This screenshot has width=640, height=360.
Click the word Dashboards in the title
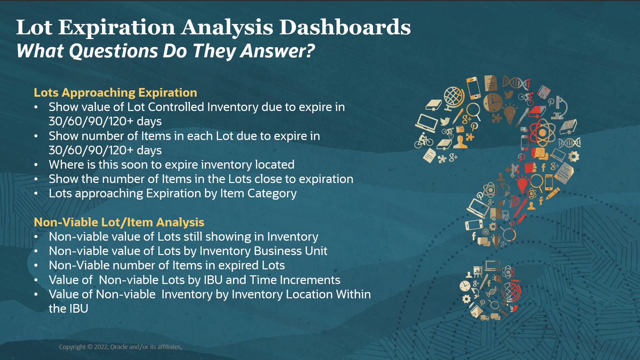click(345, 27)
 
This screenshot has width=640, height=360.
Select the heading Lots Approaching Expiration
click(115, 92)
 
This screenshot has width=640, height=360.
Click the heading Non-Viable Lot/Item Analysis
click(119, 222)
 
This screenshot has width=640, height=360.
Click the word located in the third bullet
click(275, 165)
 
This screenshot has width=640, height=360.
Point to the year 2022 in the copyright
click(101, 347)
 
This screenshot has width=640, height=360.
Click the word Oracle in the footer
click(119, 347)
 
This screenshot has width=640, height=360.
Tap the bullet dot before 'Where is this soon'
click(36, 165)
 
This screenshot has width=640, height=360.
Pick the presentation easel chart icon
click(478, 272)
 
